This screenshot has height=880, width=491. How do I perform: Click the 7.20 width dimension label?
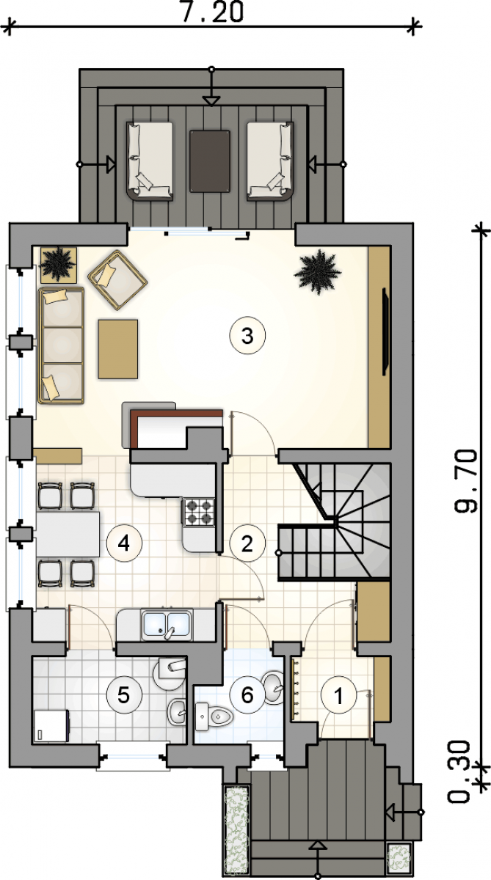pyautogui.click(x=213, y=11)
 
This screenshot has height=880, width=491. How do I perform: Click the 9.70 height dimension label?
pyautogui.click(x=466, y=480)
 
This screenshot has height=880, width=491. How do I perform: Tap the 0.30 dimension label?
pyautogui.click(x=459, y=771)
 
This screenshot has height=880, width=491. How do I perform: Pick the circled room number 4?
pyautogui.click(x=124, y=543)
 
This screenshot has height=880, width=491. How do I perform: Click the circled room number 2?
pyautogui.click(x=247, y=543)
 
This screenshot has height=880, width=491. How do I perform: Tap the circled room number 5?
pyautogui.click(x=124, y=695)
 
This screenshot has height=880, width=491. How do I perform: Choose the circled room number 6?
pyautogui.click(x=247, y=695)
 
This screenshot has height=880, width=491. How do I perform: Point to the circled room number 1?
pyautogui.click(x=338, y=695)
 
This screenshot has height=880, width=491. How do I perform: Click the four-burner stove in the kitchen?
pyautogui.click(x=199, y=512)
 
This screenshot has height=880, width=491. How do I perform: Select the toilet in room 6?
pyautogui.click(x=214, y=717)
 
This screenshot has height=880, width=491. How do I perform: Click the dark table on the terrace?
pyautogui.click(x=210, y=161)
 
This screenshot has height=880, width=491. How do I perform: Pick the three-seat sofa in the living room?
pyautogui.click(x=62, y=345)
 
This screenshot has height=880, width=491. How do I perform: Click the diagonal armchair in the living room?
pyautogui.click(x=117, y=279)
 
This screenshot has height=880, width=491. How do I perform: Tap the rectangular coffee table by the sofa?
pyautogui.click(x=118, y=349)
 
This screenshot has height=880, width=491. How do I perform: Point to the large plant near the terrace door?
pyautogui.click(x=317, y=271)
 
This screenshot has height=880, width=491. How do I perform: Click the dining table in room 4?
pyautogui.click(x=68, y=534)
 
